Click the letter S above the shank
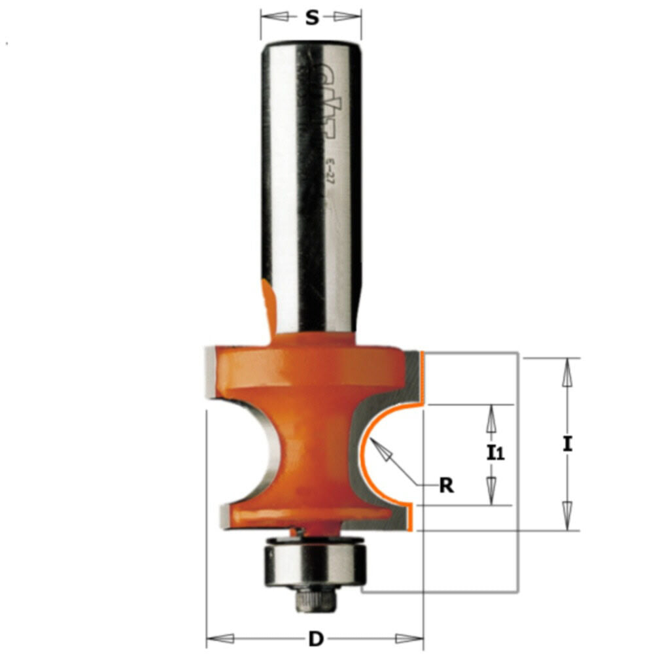tap(312, 18)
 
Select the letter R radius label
tap(447, 486)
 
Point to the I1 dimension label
tap(496, 452)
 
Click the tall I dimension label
tap(567, 445)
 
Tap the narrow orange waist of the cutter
tap(313, 451)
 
